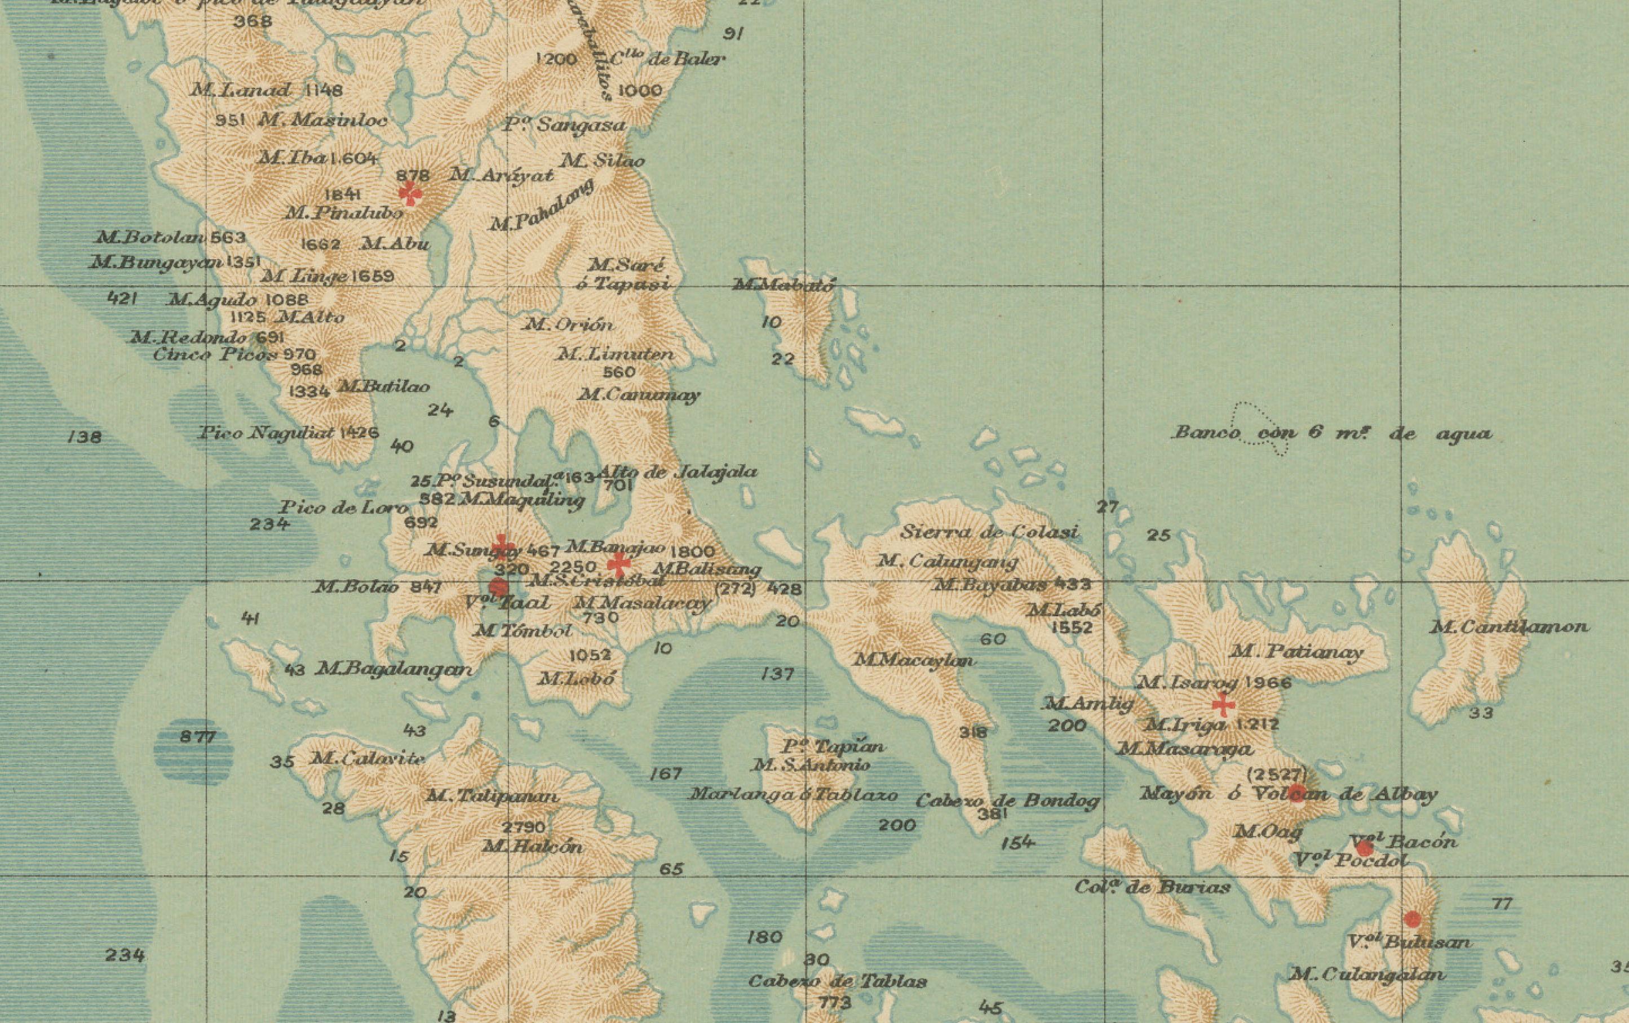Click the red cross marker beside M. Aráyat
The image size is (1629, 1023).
[x=410, y=194]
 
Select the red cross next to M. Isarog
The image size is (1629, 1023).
[x=1223, y=705]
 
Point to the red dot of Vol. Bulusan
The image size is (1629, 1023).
[x=1413, y=919]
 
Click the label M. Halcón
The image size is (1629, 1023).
[x=533, y=847]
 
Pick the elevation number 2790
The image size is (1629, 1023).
[x=524, y=827]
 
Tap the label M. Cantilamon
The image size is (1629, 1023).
[x=1508, y=628]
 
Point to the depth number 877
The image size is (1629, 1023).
[x=197, y=737]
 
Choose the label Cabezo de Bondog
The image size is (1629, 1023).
[x=1007, y=801]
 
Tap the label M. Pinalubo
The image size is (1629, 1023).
[x=344, y=212]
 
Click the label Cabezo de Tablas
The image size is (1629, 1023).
[x=838, y=981]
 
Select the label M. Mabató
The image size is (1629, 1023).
[x=784, y=286]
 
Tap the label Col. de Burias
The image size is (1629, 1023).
[x=1152, y=887]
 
